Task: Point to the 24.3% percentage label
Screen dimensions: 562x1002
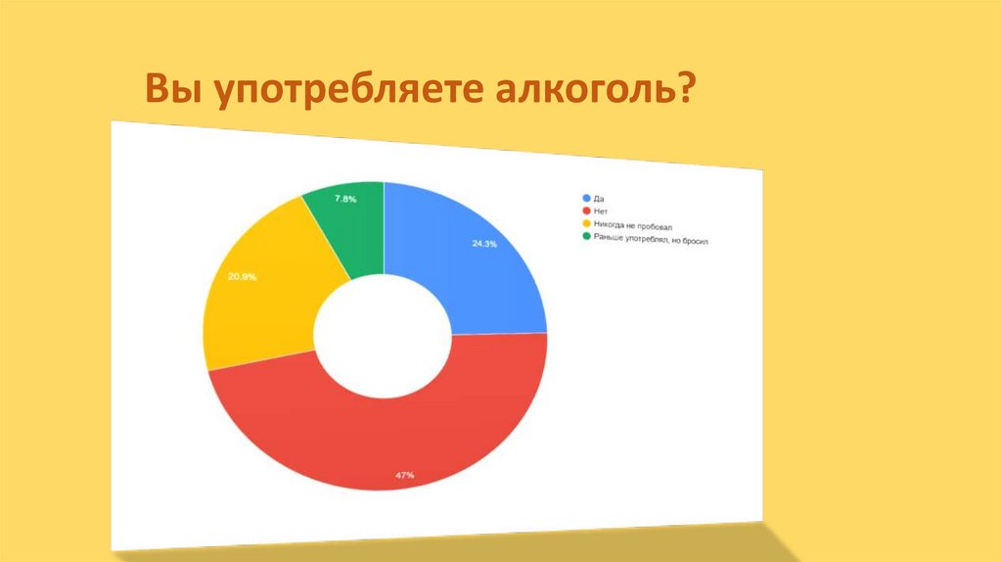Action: pos(483,244)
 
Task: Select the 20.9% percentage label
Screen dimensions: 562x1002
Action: pos(242,277)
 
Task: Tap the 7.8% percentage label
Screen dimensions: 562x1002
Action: pos(345,199)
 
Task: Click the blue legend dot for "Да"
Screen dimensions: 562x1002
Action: pos(585,198)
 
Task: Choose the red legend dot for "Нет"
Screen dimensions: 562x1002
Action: pos(585,211)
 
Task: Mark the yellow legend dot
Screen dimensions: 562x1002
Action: pos(585,223)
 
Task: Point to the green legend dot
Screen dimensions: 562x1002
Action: pos(585,236)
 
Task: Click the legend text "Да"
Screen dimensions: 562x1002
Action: pos(599,199)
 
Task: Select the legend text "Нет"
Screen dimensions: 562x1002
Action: pos(601,211)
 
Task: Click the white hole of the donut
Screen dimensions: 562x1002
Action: pos(383,332)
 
